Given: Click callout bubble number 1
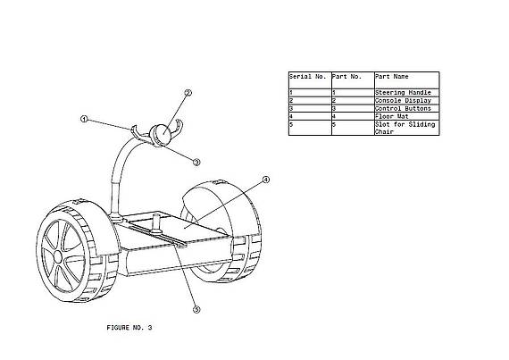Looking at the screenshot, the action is point(84,119).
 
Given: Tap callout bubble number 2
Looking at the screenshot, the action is point(188,93).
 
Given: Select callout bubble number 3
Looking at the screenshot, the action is point(196,162).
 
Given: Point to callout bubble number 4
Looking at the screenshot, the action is point(265,180).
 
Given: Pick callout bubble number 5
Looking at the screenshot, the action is point(196,310).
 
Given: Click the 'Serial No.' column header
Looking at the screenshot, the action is point(307,77).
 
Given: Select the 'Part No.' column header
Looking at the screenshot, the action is point(346,77).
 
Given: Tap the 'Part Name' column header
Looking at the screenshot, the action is point(392,77).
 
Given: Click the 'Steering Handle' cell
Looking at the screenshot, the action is point(403,93).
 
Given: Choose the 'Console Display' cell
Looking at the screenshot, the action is point(403,101).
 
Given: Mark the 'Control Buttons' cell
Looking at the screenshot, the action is point(403,108).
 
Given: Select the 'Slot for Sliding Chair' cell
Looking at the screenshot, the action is point(405,128).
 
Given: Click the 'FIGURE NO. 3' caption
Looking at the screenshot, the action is point(129,328).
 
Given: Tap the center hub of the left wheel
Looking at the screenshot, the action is point(58,256).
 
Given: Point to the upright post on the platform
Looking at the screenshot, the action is point(156,222).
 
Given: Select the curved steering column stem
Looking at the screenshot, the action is point(121,172).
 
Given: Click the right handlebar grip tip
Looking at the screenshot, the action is point(178,121).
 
